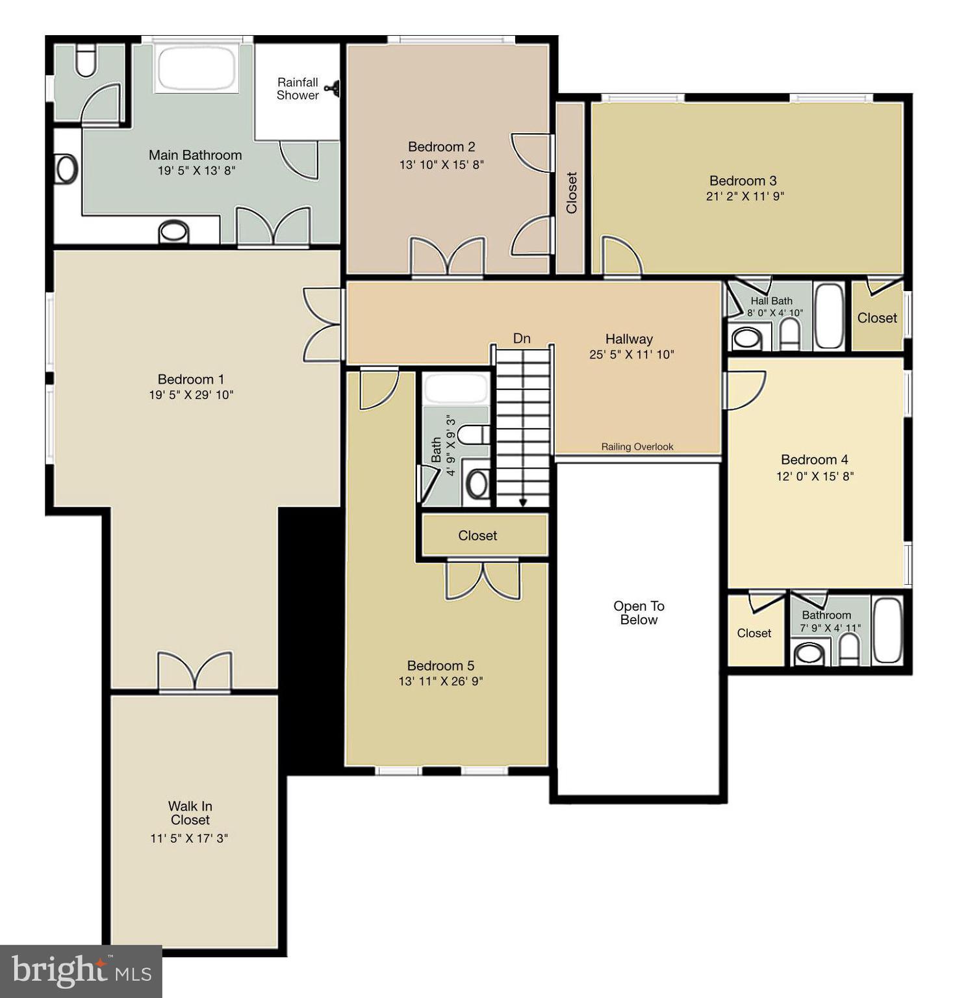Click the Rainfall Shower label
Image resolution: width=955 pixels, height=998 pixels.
click(298, 89)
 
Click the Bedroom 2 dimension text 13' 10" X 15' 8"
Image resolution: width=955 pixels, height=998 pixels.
click(441, 165)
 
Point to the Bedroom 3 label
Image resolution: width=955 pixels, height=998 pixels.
click(743, 181)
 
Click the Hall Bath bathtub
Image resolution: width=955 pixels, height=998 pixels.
click(828, 316)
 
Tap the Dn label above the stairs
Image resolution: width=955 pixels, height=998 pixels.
click(522, 339)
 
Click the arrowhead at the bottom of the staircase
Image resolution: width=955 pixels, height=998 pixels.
click(523, 502)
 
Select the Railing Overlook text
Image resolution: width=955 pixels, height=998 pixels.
click(637, 447)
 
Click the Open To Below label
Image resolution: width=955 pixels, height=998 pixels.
click(639, 613)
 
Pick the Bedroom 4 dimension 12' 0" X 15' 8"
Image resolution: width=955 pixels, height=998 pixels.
click(815, 476)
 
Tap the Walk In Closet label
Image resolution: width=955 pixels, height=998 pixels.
click(190, 813)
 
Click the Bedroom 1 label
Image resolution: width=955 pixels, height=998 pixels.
click(191, 379)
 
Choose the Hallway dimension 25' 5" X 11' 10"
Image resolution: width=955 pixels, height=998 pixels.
click(631, 355)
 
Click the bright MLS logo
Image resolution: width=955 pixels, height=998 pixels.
click(81, 971)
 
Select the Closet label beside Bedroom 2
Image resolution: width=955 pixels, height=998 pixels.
click(572, 192)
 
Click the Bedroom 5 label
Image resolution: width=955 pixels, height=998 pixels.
click(440, 666)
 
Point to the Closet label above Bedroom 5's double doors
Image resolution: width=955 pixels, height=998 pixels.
click(478, 536)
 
